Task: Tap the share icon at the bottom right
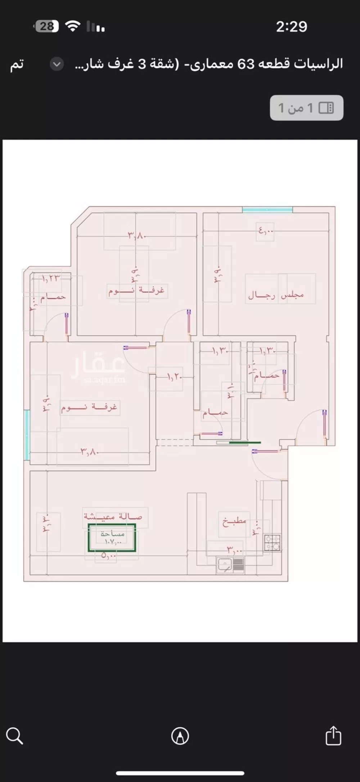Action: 333,735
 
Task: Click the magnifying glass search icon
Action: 15,736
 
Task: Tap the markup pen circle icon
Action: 180,736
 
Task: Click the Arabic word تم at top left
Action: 17,64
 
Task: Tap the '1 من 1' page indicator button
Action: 306,108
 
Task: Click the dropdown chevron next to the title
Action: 57,64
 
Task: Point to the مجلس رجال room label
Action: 276,295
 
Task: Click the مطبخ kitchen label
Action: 234,521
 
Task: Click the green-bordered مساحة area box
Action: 112,537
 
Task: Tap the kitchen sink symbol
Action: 224,564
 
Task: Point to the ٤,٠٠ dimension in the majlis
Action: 266,230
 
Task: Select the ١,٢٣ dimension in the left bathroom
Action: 50,278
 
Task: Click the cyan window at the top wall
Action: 267,209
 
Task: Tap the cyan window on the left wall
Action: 27,435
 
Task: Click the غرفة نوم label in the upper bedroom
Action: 136,290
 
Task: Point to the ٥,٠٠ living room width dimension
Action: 108,555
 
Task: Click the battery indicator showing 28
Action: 46,26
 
